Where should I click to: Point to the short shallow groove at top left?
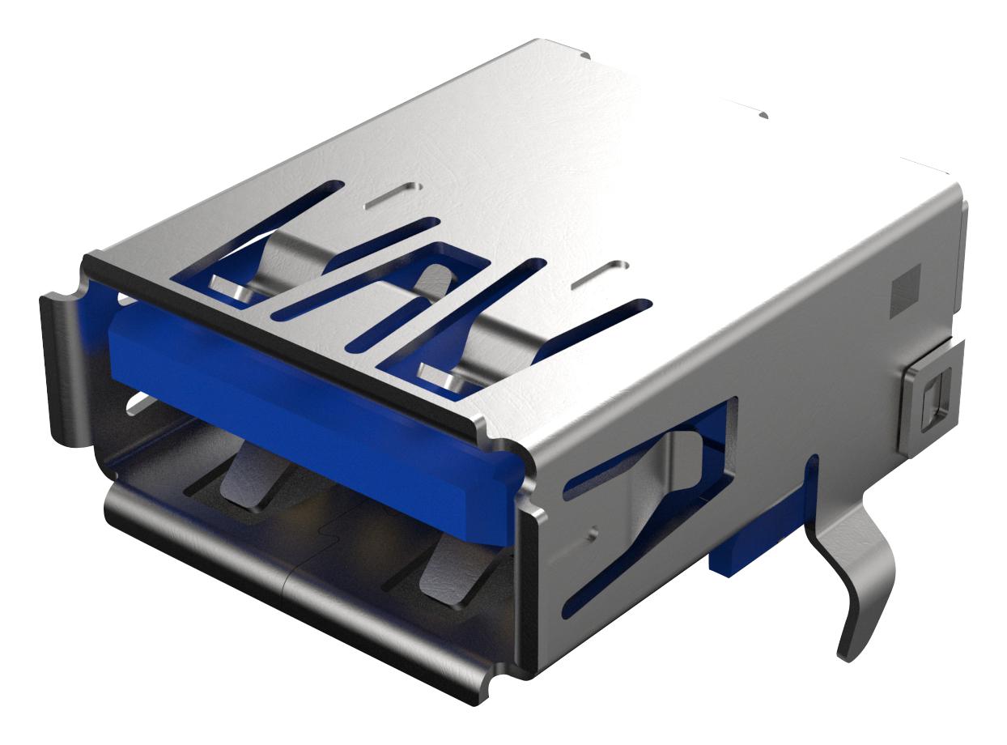(393, 194)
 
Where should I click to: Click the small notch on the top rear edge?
(763, 116)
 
